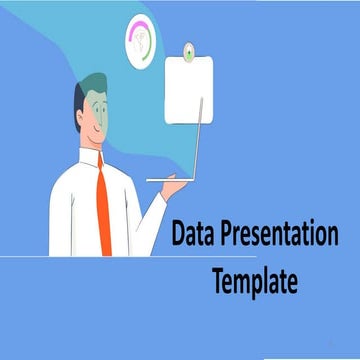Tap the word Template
tap(254, 282)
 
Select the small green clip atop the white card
tap(189, 49)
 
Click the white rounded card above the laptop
tap(191, 90)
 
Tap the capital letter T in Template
tap(218, 282)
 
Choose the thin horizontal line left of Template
tap(100, 257)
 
